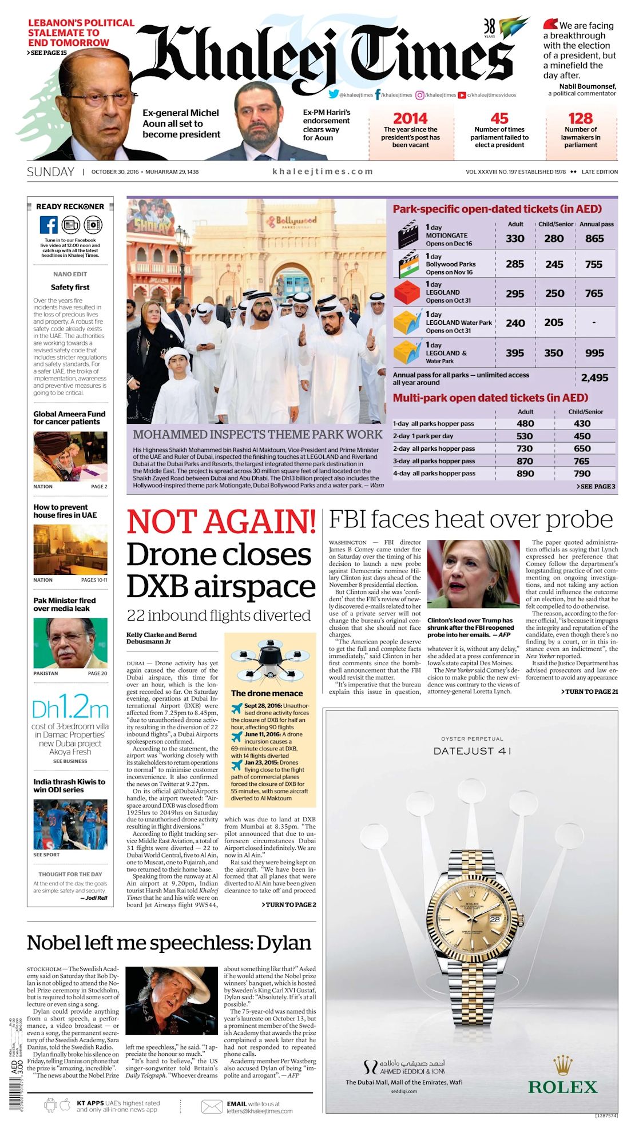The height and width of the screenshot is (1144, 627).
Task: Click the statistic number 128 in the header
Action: click(x=580, y=118)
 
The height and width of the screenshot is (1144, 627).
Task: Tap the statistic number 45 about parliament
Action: click(x=499, y=118)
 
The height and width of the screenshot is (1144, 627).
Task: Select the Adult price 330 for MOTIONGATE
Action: click(x=515, y=239)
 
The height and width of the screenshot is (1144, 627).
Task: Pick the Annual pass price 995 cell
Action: click(x=594, y=353)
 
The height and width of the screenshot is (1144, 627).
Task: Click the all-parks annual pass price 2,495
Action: click(x=594, y=378)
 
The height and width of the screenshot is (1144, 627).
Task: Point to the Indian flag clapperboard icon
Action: click(x=408, y=264)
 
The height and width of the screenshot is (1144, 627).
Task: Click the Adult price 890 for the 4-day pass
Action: click(x=525, y=474)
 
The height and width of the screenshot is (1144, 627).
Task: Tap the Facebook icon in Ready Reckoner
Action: click(x=48, y=225)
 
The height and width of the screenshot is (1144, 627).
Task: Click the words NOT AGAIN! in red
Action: click(x=221, y=521)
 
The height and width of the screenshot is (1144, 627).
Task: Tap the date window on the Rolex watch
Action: click(x=494, y=919)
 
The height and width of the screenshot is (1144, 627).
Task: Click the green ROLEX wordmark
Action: click(x=562, y=1087)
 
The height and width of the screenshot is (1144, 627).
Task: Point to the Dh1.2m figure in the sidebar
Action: click(x=70, y=709)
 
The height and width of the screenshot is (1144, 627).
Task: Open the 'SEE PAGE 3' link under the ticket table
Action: click(x=596, y=486)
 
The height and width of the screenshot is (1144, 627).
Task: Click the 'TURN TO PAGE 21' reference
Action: click(x=592, y=692)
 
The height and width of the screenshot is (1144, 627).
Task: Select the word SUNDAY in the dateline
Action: click(x=50, y=172)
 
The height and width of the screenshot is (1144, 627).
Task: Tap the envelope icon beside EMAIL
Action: click(x=212, y=1107)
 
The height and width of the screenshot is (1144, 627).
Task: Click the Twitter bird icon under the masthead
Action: click(x=334, y=94)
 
